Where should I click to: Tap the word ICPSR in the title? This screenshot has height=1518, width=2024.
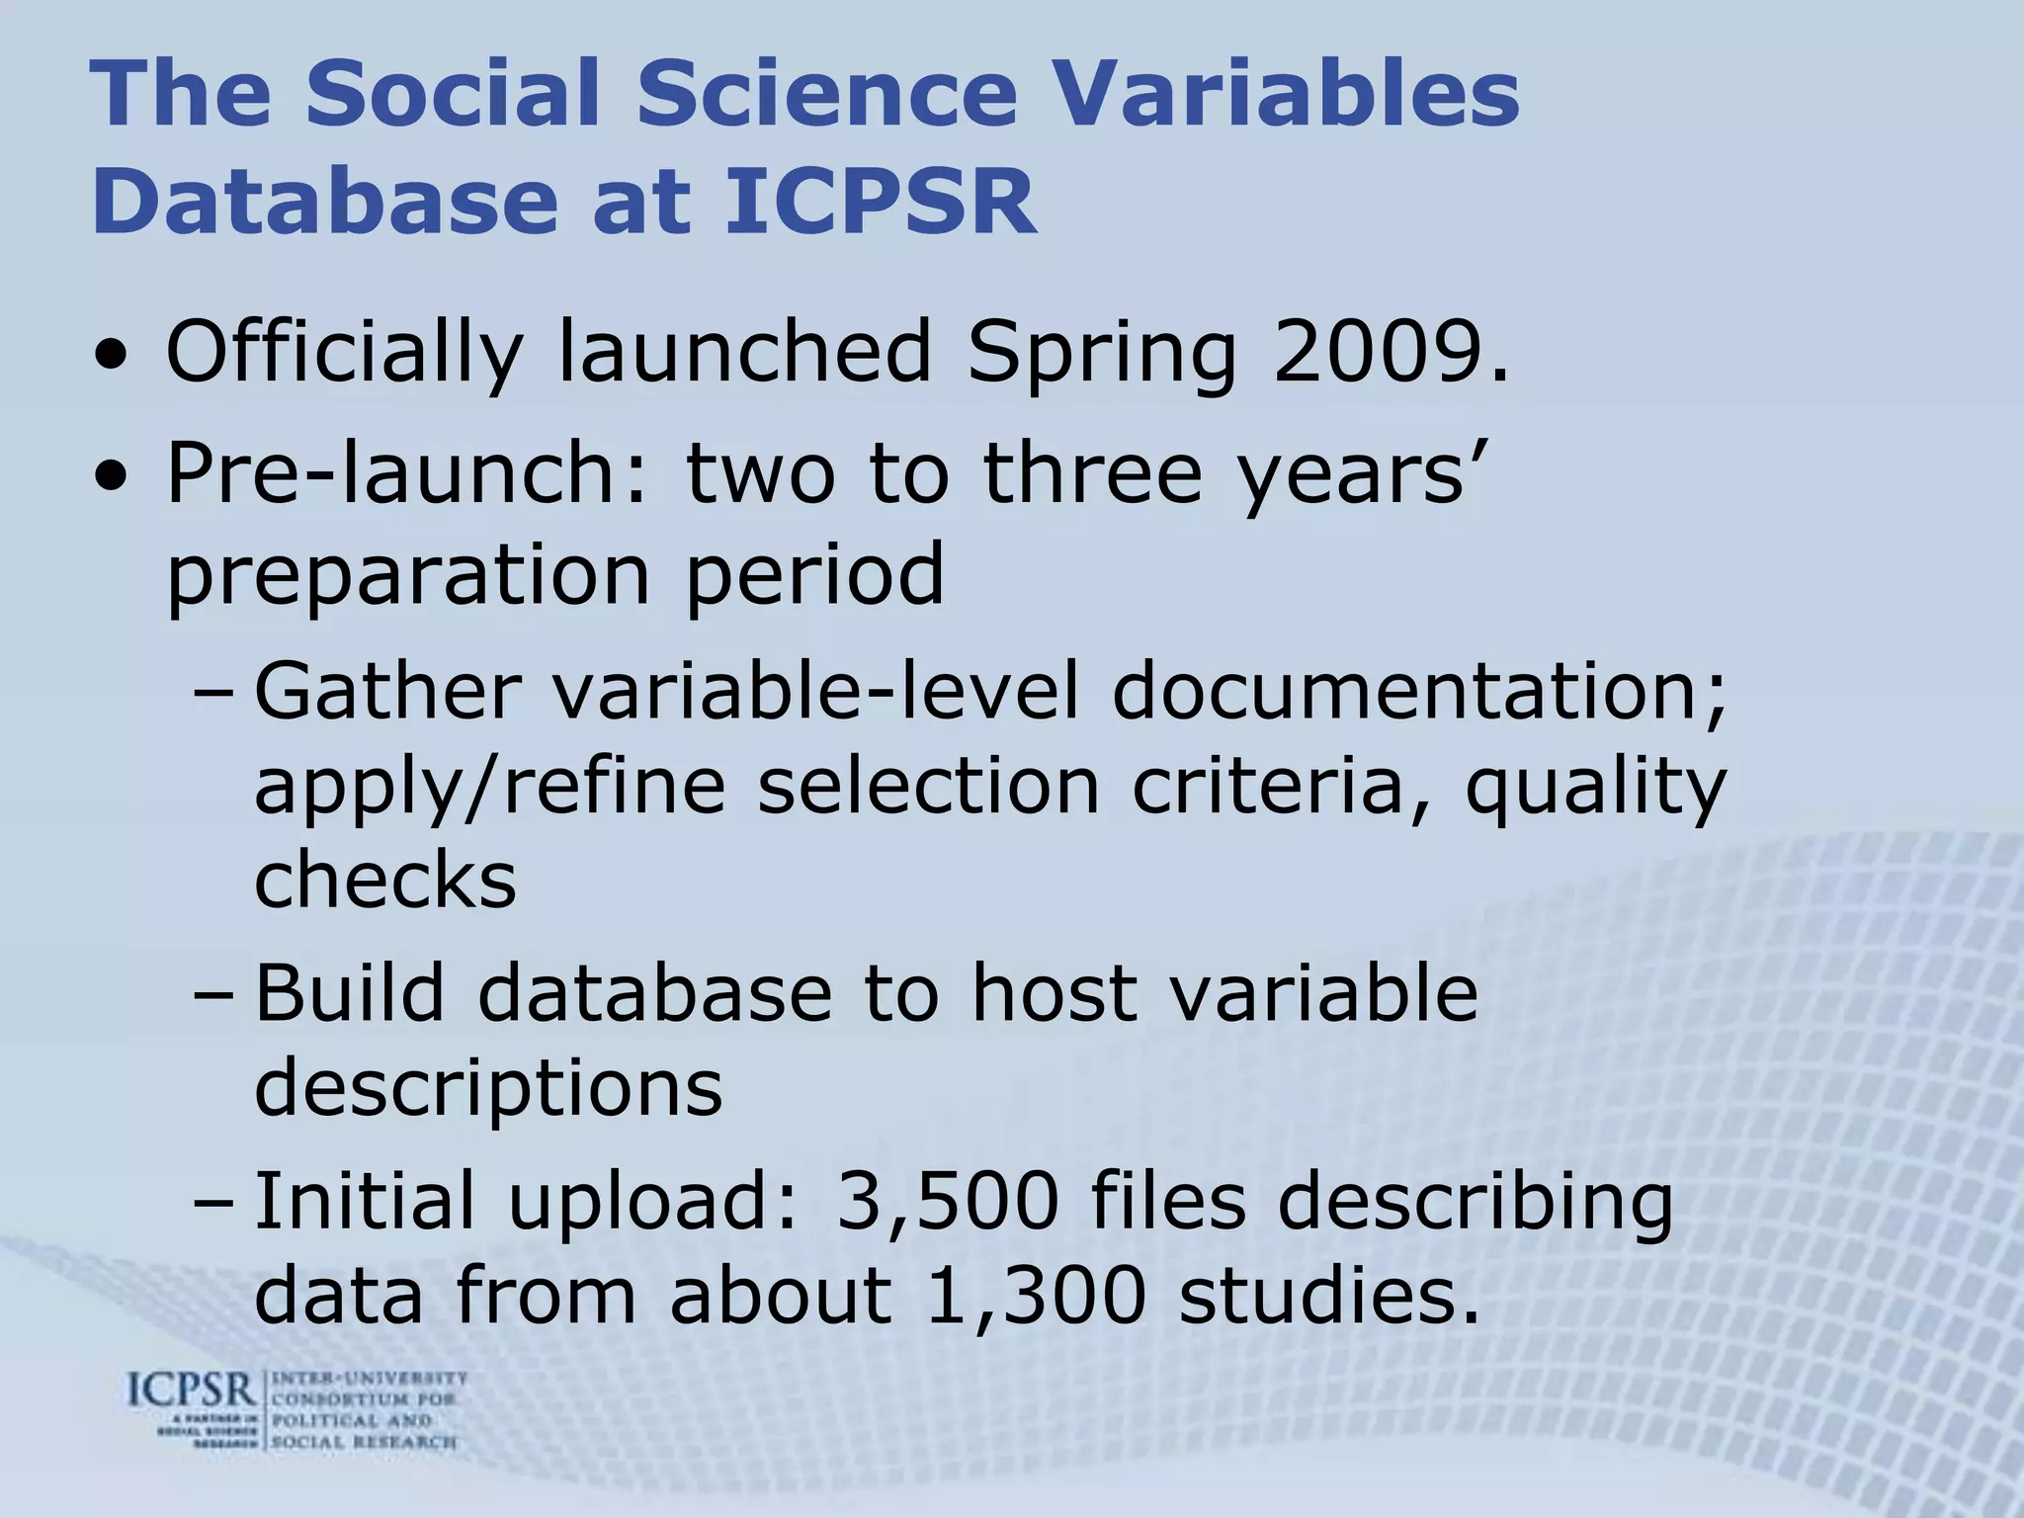tap(881, 203)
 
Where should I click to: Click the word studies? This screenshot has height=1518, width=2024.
tap(1330, 1296)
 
